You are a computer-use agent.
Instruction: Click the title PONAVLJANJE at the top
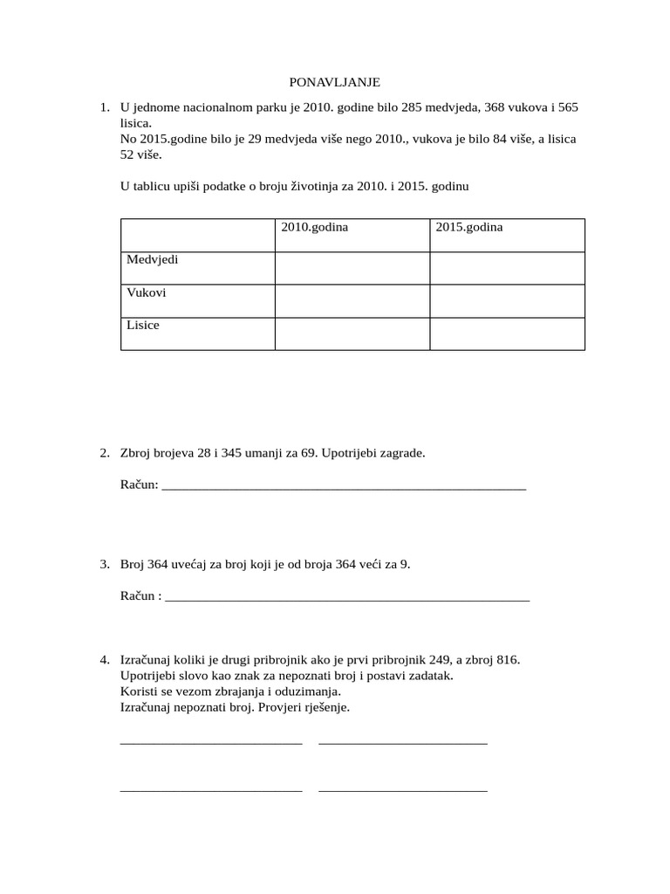(x=335, y=82)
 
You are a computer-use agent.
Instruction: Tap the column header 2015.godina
(x=469, y=227)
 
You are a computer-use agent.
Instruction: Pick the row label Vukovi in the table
(x=147, y=292)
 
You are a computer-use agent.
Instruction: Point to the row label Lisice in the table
(x=143, y=326)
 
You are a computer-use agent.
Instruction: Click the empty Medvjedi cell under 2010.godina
(x=352, y=268)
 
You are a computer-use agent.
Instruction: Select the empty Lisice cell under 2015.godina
(x=507, y=334)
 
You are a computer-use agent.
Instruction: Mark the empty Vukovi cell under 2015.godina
(x=507, y=300)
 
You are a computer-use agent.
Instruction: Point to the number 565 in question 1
(x=568, y=107)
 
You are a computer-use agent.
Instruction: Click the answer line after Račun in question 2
(x=345, y=486)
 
